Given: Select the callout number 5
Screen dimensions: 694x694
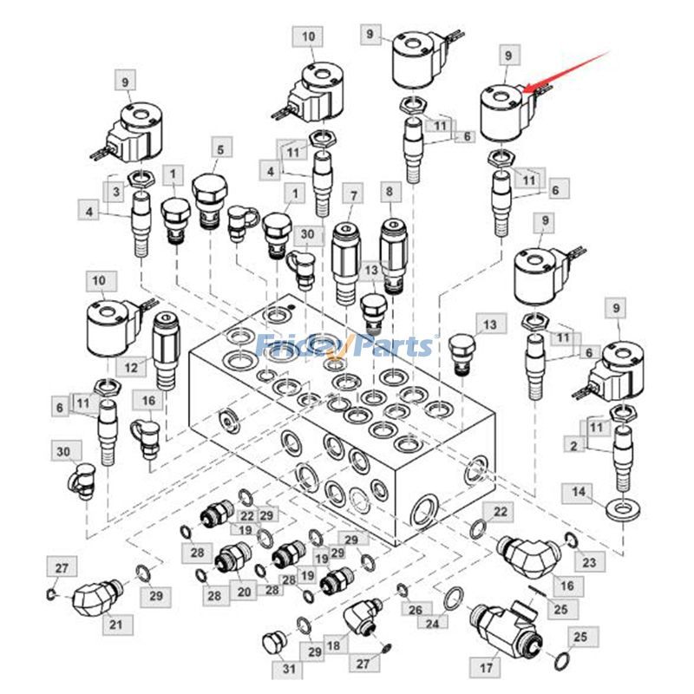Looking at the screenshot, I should pyautogui.click(x=219, y=149).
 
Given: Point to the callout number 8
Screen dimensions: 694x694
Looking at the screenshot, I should pyautogui.click(x=390, y=191).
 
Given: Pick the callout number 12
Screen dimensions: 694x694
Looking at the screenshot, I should pyautogui.click(x=130, y=368).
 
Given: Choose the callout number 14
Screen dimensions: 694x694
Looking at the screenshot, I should pyautogui.click(x=579, y=493).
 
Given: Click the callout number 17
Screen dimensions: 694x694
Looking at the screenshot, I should pyautogui.click(x=485, y=669).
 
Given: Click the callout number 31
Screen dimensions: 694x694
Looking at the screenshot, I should pyautogui.click(x=288, y=668).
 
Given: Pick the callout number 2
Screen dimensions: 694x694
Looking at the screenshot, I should pyautogui.click(x=573, y=445).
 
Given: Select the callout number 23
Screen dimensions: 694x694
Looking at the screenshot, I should pyautogui.click(x=590, y=561).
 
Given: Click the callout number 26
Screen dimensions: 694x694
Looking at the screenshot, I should pyautogui.click(x=416, y=610).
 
